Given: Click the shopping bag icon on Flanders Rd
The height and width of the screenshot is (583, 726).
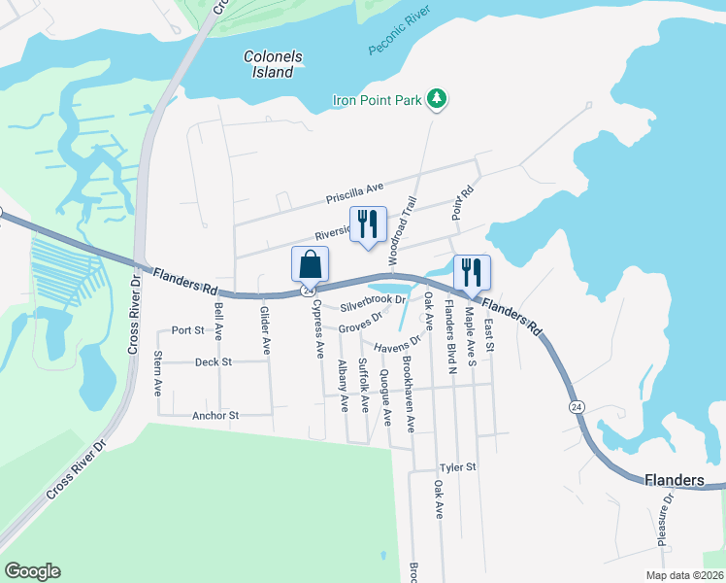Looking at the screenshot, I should pos(310,264).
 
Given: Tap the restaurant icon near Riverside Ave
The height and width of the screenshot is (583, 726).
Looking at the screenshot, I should pos(367,224).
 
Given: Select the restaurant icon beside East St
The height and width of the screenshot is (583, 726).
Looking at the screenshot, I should pos(472,273).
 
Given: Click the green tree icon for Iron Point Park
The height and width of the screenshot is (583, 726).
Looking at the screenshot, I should pos(438,98).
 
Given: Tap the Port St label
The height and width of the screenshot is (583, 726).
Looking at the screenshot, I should pos(187,330).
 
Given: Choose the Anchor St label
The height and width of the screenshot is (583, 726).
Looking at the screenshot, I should pos(214,415).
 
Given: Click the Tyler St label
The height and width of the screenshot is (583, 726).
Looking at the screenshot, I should pos(457,467).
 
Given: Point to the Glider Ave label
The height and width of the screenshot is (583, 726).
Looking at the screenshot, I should pos(264,329).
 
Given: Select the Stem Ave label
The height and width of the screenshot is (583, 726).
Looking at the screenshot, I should pos(158,373).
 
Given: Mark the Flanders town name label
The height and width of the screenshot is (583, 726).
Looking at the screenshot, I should pos(674,480).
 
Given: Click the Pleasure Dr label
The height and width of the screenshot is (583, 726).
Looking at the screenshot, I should pos(668,520).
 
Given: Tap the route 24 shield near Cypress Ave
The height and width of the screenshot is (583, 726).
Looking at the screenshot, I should pos(308,291).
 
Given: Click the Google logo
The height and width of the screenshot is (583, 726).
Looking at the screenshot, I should pos(32,571).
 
